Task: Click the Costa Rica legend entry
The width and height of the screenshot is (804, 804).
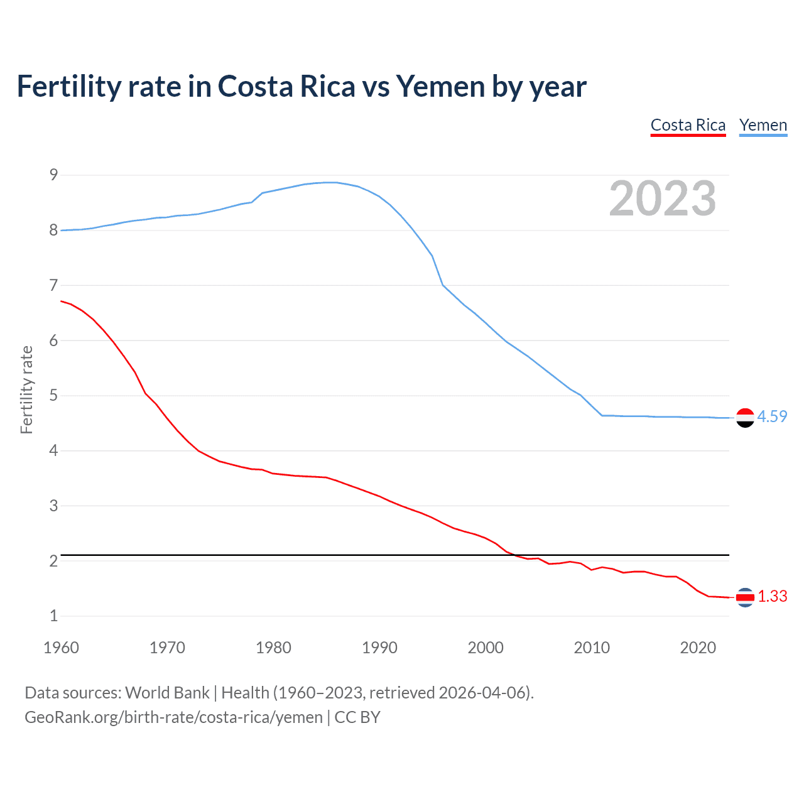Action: (688, 125)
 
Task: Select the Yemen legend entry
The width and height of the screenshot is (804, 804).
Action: (763, 125)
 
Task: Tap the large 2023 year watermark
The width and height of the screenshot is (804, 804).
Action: (662, 198)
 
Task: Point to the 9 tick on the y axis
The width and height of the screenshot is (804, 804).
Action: (53, 175)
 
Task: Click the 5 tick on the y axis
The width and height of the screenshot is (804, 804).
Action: (53, 396)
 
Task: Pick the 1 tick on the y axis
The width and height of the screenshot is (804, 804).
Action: (53, 616)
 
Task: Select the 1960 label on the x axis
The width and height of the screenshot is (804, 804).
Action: (61, 648)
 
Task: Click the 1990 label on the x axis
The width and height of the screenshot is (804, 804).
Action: (379, 648)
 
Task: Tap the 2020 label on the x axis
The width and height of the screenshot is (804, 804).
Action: (698, 648)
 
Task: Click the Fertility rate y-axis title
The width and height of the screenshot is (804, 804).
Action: (26, 389)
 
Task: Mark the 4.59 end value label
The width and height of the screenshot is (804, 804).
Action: (772, 417)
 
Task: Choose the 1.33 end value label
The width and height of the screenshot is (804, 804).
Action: (772, 597)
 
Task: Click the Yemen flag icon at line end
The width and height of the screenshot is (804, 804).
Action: (745, 418)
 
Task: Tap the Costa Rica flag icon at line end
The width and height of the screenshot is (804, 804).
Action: (745, 597)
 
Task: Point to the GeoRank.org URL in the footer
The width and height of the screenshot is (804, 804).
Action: (173, 717)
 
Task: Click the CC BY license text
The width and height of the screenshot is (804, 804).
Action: (357, 717)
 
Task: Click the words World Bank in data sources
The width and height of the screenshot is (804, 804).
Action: (167, 693)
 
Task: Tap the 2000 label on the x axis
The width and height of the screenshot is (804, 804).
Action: (486, 648)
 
